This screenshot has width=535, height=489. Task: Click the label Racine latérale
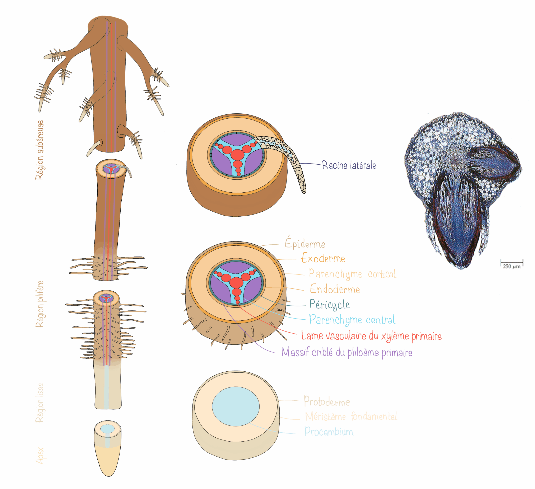349,165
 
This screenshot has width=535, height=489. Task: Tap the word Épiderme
305,243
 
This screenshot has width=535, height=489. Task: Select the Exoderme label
323,258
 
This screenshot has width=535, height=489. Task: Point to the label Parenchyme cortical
352,274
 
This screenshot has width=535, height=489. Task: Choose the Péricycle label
329,304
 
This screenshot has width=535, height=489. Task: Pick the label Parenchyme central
352,320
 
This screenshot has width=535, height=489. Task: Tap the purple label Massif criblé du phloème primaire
347,352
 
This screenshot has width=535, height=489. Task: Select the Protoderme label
327,402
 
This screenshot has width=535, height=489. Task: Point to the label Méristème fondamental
351,416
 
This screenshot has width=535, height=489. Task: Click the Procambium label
329,432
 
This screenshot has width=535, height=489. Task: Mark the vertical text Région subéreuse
39,150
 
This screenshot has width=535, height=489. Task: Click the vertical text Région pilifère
39,304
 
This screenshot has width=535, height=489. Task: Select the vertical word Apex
40,456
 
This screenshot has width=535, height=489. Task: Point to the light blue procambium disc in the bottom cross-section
236,406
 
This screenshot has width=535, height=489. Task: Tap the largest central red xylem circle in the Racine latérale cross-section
237,155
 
